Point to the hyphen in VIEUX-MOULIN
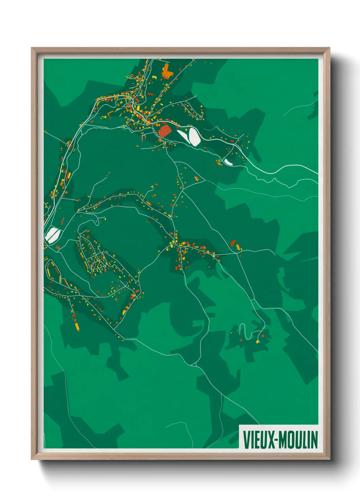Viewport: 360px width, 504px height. (x=278, y=440)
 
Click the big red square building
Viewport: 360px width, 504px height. (x=165, y=131)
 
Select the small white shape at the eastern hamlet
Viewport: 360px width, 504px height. (x=228, y=162)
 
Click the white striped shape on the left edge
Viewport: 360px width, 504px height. (x=52, y=235)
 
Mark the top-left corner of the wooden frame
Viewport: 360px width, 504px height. (x=32, y=48)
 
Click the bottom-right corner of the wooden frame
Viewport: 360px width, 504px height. (x=329, y=459)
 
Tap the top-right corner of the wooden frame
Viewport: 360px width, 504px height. (x=329, y=48)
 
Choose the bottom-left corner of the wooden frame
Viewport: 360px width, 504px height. (x=32, y=459)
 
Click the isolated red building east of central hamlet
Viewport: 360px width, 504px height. (x=233, y=243)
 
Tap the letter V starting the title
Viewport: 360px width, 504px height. (x=246, y=440)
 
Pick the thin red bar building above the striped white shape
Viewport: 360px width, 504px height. (x=62, y=221)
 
